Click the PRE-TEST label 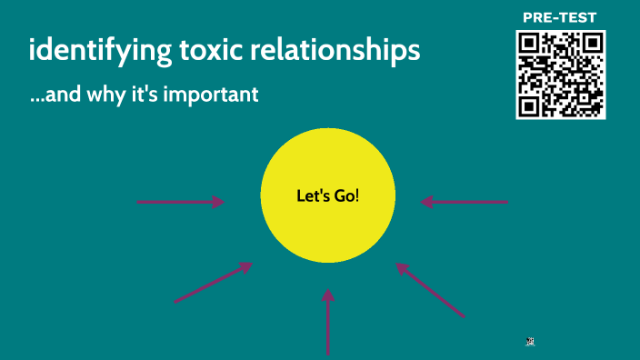tap(560, 17)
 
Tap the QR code tap(560, 75)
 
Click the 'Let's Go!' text tap(328, 195)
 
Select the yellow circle tap(328, 227)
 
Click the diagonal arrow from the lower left tap(213, 282)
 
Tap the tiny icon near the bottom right tap(529, 341)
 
